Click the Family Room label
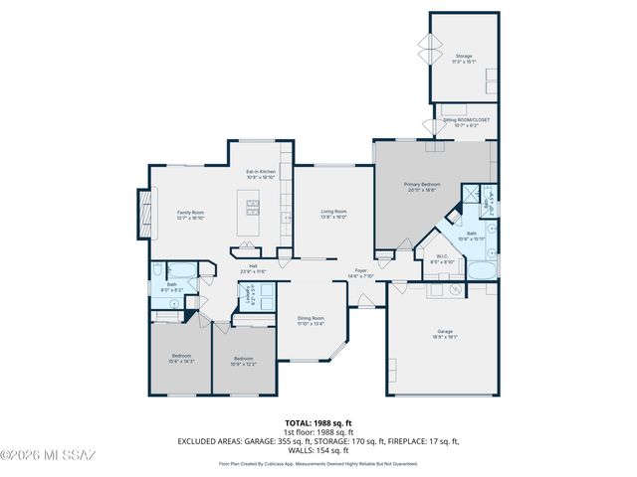(x=190, y=215)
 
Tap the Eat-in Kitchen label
(x=260, y=174)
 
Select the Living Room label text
(x=333, y=213)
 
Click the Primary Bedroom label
(x=423, y=187)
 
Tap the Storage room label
(x=464, y=59)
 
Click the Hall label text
(x=254, y=267)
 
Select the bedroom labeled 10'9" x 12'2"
(x=244, y=361)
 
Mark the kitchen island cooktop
(x=253, y=208)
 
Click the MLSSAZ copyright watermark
(x=50, y=456)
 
